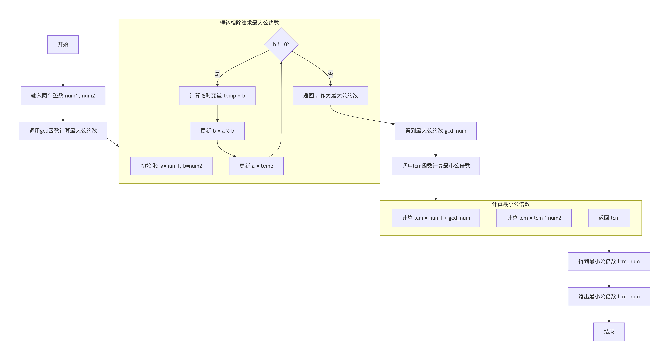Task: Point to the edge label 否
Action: click(x=330, y=74)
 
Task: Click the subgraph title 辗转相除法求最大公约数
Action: click(x=249, y=23)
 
